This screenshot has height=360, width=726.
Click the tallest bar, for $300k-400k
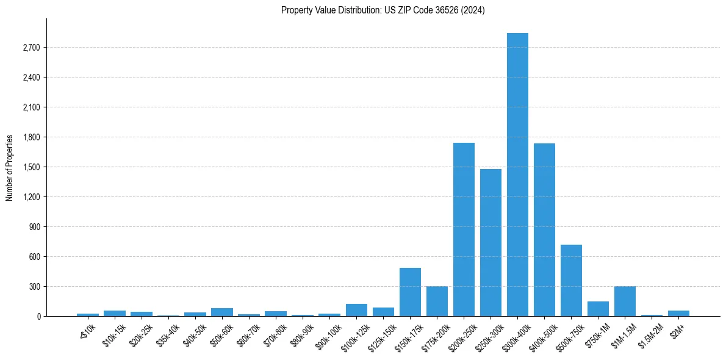pos(517,175)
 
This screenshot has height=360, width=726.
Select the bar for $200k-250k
pos(464,229)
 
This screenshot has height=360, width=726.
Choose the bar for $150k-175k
pos(410,292)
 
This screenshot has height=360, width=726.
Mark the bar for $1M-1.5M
pos(625,301)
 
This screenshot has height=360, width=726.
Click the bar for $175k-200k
pos(437,301)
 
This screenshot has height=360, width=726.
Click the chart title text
pos(383,10)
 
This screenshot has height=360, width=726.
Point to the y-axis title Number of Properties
pos(10,167)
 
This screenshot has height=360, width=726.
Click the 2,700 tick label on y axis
pos(30,48)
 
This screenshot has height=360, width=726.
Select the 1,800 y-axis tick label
pos(30,137)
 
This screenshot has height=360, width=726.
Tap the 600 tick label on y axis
pos(33,257)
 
